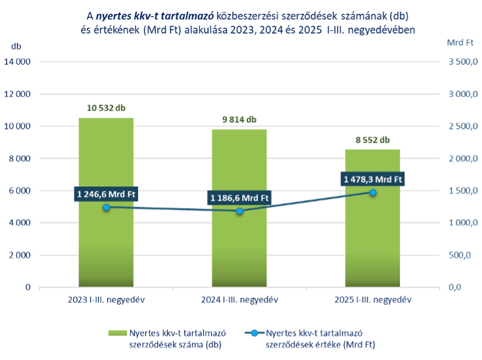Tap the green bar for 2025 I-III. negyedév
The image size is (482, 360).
[372, 257]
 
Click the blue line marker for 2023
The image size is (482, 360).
[107, 207]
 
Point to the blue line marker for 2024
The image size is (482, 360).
[239, 211]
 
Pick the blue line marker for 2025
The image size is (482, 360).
[373, 192]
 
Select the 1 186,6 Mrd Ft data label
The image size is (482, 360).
[239, 197]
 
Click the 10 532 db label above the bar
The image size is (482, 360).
[106, 107]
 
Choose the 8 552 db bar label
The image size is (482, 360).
[372, 140]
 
